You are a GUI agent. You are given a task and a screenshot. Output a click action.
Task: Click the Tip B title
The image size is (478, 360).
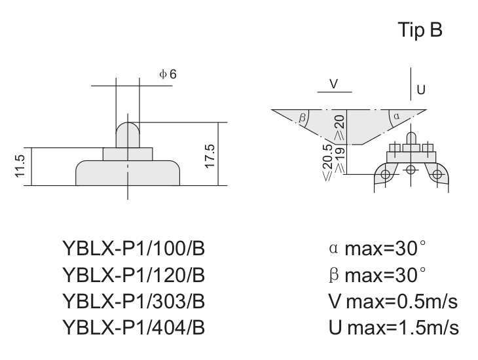(x=420, y=30)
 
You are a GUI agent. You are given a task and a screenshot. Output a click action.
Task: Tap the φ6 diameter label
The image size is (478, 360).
(x=168, y=74)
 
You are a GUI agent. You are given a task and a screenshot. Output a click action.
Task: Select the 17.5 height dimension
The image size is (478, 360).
(x=210, y=156)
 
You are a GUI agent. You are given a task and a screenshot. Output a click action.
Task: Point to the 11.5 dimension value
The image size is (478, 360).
(x=20, y=166)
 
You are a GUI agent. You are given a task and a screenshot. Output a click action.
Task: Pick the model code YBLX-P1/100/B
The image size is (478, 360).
(x=134, y=248)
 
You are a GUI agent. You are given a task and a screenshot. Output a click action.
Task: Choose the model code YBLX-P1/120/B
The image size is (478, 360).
(x=134, y=275)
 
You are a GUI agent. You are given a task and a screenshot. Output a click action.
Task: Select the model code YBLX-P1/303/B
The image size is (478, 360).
(x=134, y=301)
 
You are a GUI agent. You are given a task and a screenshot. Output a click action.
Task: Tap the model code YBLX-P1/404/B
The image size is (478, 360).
(x=134, y=327)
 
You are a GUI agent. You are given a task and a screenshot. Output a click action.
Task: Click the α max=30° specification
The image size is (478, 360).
(x=377, y=248)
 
